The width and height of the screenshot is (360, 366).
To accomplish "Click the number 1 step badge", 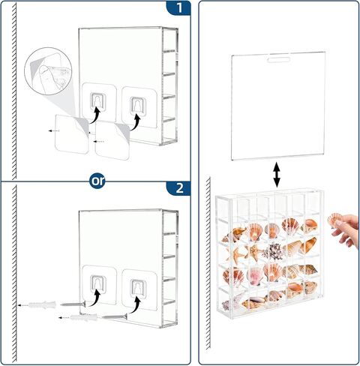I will click(178, 9).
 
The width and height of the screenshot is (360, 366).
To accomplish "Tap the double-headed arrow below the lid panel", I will click(276, 175).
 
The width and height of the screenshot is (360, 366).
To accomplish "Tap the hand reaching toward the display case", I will click(347, 232).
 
